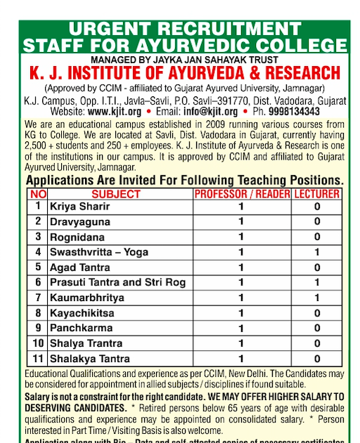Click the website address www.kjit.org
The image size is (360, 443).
click(115, 111)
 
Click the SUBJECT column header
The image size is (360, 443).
click(116, 194)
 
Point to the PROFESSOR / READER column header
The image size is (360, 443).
click(240, 194)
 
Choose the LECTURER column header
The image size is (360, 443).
click(316, 194)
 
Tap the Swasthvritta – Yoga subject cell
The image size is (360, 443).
click(98, 252)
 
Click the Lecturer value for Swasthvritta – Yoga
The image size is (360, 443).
click(317, 252)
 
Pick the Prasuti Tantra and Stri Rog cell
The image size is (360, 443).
click(117, 282)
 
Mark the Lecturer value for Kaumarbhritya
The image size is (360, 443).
click(317, 297)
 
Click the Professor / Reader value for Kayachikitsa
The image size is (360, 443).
click(240, 313)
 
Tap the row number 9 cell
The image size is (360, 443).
click(38, 328)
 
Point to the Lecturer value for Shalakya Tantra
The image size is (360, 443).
click(317, 359)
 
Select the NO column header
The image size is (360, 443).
click(38, 194)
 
